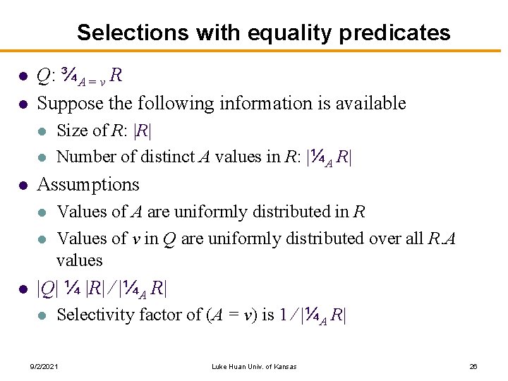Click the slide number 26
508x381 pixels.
pyautogui.click(x=473, y=366)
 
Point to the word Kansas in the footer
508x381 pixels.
pyautogui.click(x=284, y=366)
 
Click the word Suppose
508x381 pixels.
pyautogui.click(x=69, y=104)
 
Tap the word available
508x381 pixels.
pyautogui.click(x=370, y=104)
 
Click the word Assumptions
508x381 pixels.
pyautogui.click(x=88, y=185)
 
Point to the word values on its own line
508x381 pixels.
pyautogui.click(x=79, y=260)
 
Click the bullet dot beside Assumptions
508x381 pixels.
pyautogui.click(x=23, y=186)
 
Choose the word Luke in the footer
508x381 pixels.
pyautogui.click(x=220, y=366)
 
